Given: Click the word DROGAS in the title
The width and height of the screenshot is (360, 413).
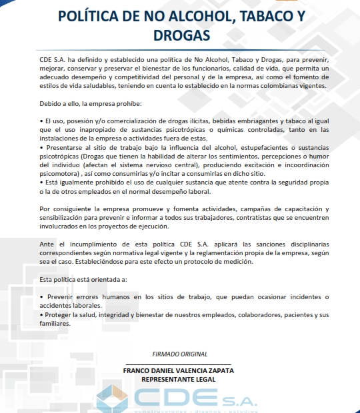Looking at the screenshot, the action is click(x=180, y=34).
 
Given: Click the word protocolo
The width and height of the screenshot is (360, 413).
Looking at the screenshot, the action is click(x=201, y=261).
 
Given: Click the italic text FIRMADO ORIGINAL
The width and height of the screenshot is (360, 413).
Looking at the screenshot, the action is click(x=179, y=354).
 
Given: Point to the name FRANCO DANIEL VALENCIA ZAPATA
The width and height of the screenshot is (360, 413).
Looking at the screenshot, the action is click(x=179, y=370).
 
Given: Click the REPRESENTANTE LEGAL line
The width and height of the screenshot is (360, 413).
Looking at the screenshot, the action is click(x=179, y=379).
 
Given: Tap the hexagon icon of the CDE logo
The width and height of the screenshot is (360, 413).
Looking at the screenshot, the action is click(x=111, y=398).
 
